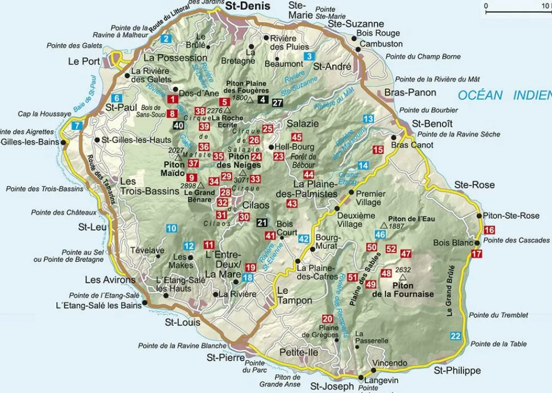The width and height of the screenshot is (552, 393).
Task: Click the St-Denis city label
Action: click(248, 6)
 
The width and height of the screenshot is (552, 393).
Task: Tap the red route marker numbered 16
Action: click(489, 230)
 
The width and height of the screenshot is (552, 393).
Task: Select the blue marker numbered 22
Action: click(455, 336)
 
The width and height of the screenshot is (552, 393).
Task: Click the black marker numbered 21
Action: click(262, 223)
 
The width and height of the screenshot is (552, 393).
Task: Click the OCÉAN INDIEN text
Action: click(504, 95)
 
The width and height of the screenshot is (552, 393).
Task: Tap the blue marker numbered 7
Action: click(77, 125)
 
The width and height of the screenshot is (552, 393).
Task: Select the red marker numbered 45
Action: click(297, 137)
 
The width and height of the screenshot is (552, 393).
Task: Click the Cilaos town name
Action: click(256, 205)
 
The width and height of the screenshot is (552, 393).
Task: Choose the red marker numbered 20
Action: click(328, 319)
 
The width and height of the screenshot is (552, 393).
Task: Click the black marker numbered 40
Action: click(178, 125)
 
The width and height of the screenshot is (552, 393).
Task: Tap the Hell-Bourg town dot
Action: click(271, 147)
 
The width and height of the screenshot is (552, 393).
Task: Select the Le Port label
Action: click(84, 61)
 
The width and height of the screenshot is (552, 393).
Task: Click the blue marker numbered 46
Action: click(380, 235)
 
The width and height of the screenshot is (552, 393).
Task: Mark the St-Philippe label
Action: click(457, 370)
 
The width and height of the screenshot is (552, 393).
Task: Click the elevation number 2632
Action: click(404, 270)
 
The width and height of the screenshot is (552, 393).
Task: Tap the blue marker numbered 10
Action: click(172, 228)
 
